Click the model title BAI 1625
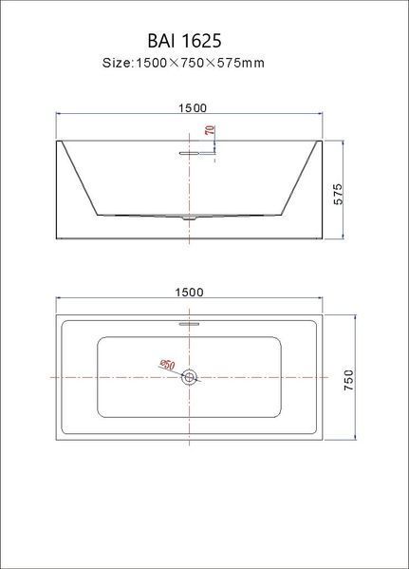tap(184, 41)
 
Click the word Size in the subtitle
tap(117, 63)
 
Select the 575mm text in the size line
tap(240, 63)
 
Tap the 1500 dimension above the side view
tap(193, 107)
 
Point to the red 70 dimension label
tap(210, 130)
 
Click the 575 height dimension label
tap(338, 194)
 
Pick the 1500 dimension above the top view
tap(189, 293)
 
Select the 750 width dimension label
tap(348, 380)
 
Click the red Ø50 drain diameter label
tap(168, 365)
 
